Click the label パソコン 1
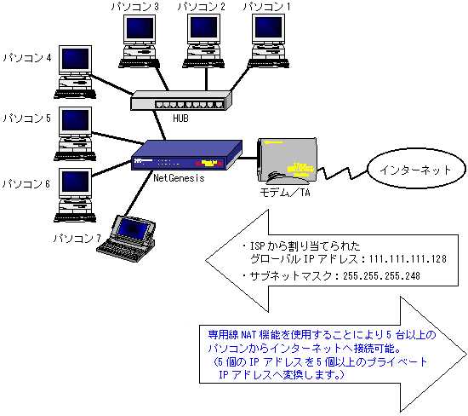click(266, 7)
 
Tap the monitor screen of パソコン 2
click(204, 27)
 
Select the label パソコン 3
click(135, 7)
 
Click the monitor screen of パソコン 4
click(75, 59)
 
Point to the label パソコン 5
click(27, 118)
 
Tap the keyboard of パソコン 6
click(75, 217)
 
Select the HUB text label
click(180, 118)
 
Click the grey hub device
click(181, 101)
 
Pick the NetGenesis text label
click(179, 178)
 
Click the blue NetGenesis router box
click(186, 155)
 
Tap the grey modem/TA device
click(287, 160)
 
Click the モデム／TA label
click(285, 193)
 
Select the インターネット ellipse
click(416, 169)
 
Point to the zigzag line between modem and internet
click(342, 173)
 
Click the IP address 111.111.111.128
click(408, 259)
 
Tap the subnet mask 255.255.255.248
click(381, 275)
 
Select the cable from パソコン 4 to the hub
click(111, 84)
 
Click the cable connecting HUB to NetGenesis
click(159, 125)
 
